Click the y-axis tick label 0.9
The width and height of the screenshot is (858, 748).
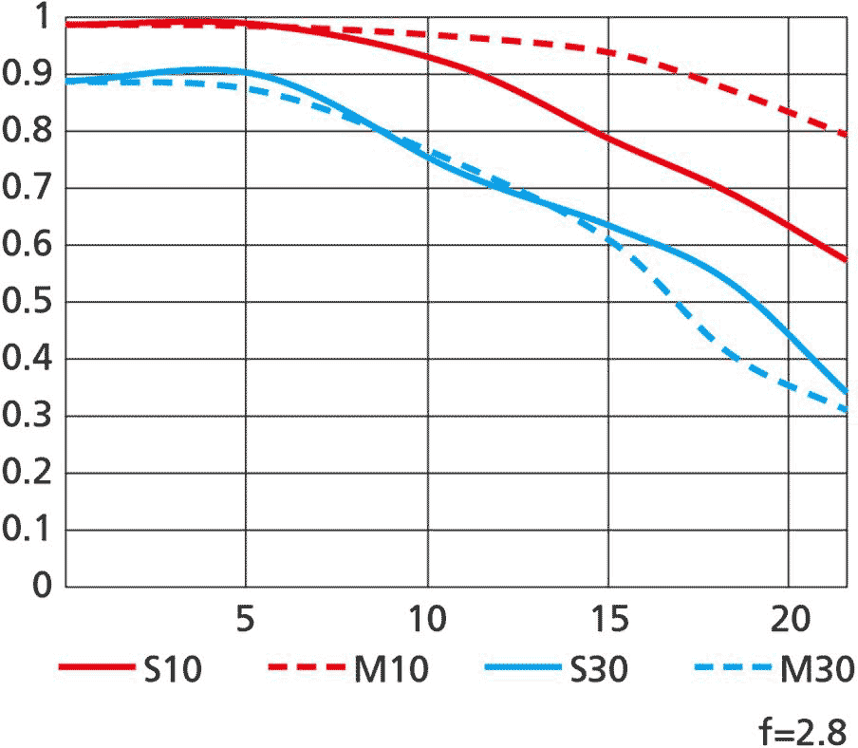[27, 75]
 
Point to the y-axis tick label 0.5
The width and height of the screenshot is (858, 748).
[27, 303]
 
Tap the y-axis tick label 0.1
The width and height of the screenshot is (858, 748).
[27, 531]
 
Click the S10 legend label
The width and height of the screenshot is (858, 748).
[173, 670]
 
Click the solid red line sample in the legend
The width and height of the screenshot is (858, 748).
[95, 668]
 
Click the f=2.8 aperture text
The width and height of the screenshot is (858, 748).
[803, 732]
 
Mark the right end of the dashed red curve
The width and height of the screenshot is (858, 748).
[845, 135]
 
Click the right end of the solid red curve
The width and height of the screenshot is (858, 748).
[845, 259]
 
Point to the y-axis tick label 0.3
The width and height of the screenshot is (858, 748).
[27, 417]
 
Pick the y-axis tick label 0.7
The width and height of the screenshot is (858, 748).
[27, 189]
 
